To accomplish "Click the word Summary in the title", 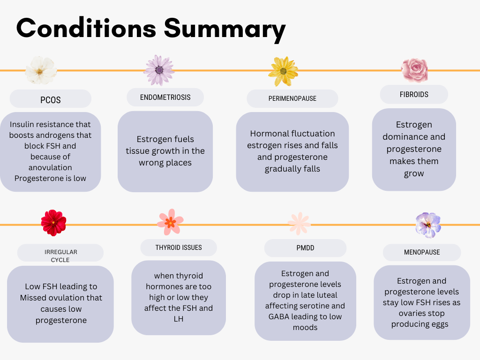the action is tap(225, 30).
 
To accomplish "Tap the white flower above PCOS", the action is tap(41, 70).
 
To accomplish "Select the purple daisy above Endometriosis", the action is tap(159, 70).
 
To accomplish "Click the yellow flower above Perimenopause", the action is tap(283, 71).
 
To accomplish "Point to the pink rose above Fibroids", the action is tap(415, 70).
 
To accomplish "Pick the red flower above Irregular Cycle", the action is tap(53, 223).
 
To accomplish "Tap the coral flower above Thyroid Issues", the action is tap(170, 222).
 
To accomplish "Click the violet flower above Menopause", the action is tap(428, 225).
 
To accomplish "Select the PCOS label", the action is tap(51, 100).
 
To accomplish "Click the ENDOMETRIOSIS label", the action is tap(165, 97).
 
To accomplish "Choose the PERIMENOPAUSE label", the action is tap(292, 98).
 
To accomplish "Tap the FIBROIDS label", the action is tap(414, 94).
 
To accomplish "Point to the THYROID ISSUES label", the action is tap(179, 247).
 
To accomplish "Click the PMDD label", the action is tap(305, 247).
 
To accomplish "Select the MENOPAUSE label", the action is tap(422, 252).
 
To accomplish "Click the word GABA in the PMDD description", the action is tap(278, 316).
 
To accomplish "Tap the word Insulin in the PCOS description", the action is tap(22, 124).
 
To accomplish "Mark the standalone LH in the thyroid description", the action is tap(179, 319).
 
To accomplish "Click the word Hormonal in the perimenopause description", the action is tap(266, 134).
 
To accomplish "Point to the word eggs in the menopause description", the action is tap(440, 324).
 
